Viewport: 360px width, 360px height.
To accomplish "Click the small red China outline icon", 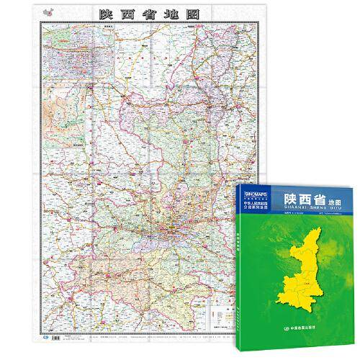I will click(48, 13).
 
